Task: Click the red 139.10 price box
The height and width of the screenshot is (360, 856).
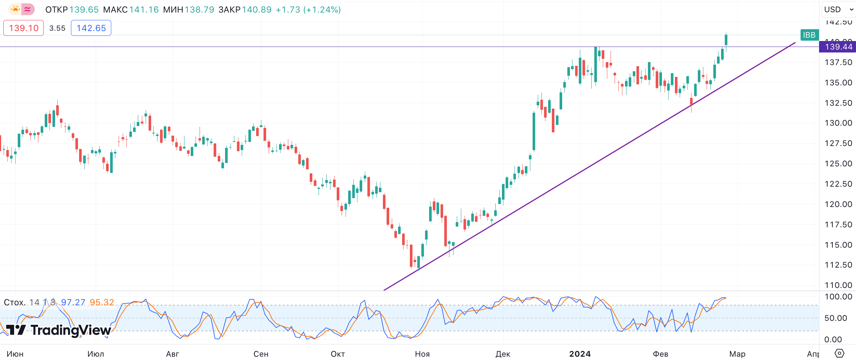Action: [x=23, y=28]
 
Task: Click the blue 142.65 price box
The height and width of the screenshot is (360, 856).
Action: [x=91, y=28]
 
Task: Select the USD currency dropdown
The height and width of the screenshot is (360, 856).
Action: [x=837, y=10]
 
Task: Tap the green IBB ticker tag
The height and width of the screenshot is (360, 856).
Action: [x=809, y=35]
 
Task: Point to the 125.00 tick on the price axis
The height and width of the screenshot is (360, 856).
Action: [x=838, y=164]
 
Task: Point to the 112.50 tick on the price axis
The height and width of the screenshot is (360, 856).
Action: [x=838, y=265]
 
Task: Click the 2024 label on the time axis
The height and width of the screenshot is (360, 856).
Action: [x=580, y=354]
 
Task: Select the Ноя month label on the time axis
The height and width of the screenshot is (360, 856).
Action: [x=422, y=354]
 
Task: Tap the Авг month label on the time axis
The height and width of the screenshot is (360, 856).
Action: [x=172, y=354]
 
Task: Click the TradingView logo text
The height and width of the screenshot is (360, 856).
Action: [x=70, y=330]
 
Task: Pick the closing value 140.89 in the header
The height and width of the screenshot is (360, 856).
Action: [x=257, y=10]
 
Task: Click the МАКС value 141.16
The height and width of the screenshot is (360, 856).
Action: [x=144, y=10]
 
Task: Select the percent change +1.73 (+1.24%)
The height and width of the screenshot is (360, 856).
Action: [x=308, y=10]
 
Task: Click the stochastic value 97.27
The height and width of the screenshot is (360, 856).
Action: [x=73, y=302]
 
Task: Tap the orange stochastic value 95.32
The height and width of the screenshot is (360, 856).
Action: [x=102, y=302]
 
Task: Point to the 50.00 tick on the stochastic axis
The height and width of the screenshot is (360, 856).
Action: [x=838, y=318]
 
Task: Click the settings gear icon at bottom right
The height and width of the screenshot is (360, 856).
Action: [x=840, y=353]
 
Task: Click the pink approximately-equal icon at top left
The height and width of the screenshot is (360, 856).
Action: [x=28, y=9]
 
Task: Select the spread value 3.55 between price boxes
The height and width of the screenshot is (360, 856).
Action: [x=57, y=28]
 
